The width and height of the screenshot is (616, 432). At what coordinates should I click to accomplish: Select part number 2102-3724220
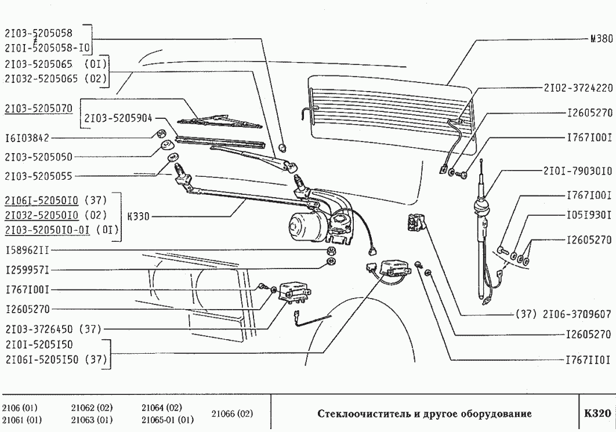tap(578, 90)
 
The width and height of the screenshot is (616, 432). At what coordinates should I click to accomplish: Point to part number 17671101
tap(588, 360)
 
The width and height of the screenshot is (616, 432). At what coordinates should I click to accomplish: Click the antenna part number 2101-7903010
tap(578, 172)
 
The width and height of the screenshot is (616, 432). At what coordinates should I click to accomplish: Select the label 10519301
tap(588, 215)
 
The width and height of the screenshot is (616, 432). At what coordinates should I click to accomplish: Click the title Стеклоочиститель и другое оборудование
tap(425, 414)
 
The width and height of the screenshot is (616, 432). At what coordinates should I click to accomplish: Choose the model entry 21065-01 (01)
tap(168, 419)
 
